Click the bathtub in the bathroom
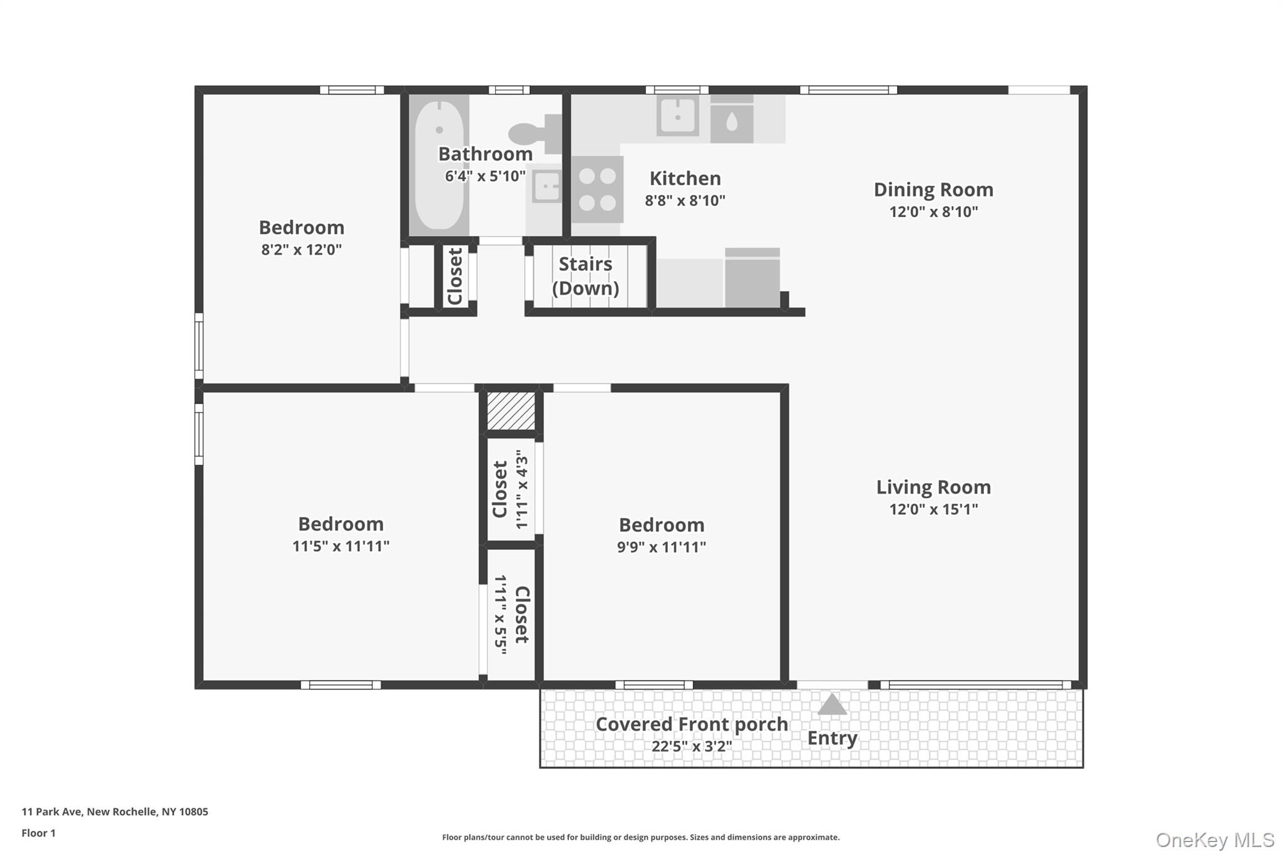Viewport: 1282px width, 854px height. coord(439,165)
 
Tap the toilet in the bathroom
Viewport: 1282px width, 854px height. coord(535,133)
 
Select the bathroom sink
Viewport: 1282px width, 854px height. coord(546,187)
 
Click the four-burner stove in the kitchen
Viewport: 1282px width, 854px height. coord(597,190)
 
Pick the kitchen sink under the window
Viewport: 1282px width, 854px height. coord(677,116)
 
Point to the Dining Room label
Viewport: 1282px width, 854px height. coord(933,190)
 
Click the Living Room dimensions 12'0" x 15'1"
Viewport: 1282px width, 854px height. coord(933,509)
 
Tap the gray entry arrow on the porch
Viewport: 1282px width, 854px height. coord(832,704)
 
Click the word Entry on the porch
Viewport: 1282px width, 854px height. coord(832,738)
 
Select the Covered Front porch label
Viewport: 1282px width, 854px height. coord(692,724)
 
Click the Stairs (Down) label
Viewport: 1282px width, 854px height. coord(585,276)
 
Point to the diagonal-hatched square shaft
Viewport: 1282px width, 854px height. coord(511,411)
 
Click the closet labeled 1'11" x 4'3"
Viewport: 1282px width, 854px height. coord(511,489)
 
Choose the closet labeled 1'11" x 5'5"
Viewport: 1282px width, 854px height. coord(511,615)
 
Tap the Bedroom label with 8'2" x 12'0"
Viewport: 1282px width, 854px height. coord(302,227)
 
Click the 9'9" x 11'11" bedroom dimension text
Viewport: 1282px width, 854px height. coord(662,547)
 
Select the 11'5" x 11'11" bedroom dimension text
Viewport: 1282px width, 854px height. coord(341,546)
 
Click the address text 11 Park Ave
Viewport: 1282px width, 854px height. coord(52,811)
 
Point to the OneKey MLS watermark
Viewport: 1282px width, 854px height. coord(1215,840)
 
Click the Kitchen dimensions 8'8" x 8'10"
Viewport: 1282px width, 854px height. coord(685,201)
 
